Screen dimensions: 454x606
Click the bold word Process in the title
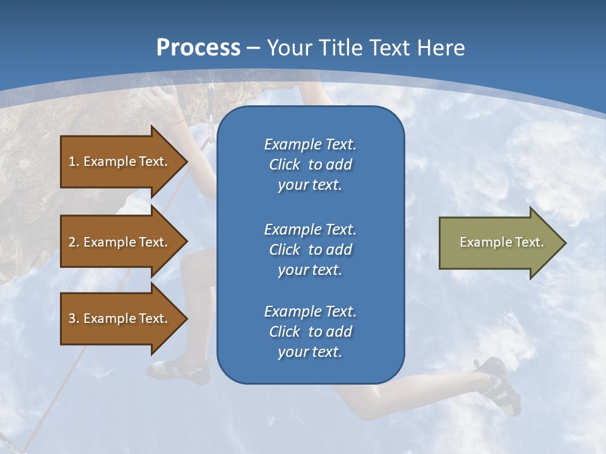pyautogui.click(x=198, y=48)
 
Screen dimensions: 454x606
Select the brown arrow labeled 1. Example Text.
pyautogui.click(x=120, y=161)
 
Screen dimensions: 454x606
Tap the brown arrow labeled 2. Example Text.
pyautogui.click(x=120, y=242)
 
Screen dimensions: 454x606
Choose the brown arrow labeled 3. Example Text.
pyautogui.click(x=120, y=318)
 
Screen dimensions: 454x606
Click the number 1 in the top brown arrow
pyautogui.click(x=72, y=161)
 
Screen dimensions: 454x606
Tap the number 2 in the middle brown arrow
pyautogui.click(x=72, y=242)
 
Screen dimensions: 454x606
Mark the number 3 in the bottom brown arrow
pyautogui.click(x=72, y=318)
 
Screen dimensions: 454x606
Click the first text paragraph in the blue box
pyautogui.click(x=310, y=165)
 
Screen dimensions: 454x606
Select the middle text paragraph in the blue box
pyautogui.click(x=310, y=249)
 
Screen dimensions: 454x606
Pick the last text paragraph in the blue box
pyautogui.click(x=310, y=332)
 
